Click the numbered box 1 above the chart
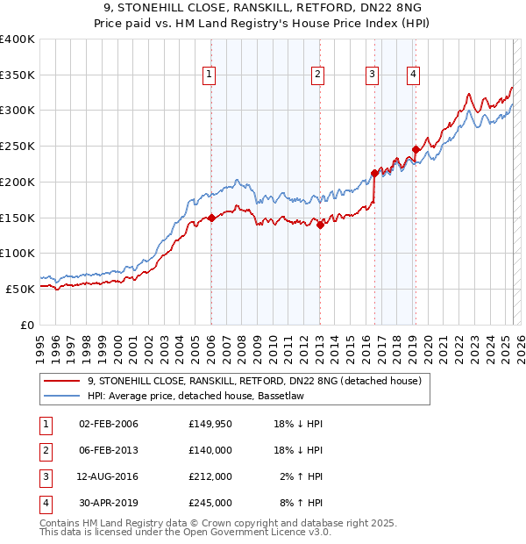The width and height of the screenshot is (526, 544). (x=210, y=75)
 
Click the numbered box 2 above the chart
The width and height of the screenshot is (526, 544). (x=317, y=75)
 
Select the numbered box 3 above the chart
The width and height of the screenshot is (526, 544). (x=373, y=75)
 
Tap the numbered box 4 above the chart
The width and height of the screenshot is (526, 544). (x=412, y=75)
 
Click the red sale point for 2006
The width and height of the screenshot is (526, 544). (x=211, y=218)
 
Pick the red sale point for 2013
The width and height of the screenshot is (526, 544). (x=320, y=225)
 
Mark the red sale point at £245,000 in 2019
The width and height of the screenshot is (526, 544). (x=416, y=149)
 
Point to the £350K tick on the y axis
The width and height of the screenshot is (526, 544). (x=18, y=75)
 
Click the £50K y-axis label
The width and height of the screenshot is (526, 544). (x=19, y=289)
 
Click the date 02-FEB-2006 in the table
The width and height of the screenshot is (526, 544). (x=109, y=424)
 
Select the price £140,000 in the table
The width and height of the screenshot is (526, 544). (x=210, y=450)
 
